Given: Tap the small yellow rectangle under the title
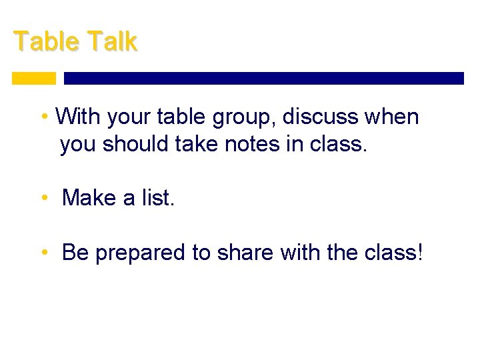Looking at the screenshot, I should pyautogui.click(x=34, y=78).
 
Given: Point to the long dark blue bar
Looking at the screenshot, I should pyautogui.click(x=263, y=78).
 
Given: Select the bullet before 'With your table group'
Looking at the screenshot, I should pyautogui.click(x=43, y=117).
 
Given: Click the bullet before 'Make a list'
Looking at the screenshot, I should pyautogui.click(x=43, y=198).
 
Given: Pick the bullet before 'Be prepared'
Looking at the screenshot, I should pyautogui.click(x=43, y=253).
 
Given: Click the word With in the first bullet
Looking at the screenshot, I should pyautogui.click(x=77, y=117).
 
